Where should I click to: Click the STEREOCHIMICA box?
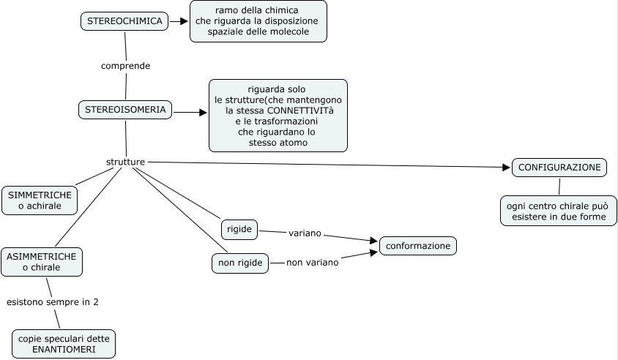(124, 21)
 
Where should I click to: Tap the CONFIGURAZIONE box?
(559, 168)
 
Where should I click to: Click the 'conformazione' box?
(417, 246)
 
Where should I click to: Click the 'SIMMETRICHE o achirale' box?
(41, 200)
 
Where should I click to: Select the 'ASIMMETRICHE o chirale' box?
(41, 261)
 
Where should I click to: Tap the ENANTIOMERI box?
(64, 344)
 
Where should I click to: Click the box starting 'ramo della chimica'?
(258, 21)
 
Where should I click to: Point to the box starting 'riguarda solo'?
(278, 116)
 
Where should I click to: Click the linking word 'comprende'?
(125, 66)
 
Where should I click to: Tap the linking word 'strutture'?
(125, 161)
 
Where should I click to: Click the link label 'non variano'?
(312, 262)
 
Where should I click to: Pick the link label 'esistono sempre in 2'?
(53, 301)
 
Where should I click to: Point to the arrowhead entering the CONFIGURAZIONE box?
(506, 168)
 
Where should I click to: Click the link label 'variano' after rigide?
(305, 233)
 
